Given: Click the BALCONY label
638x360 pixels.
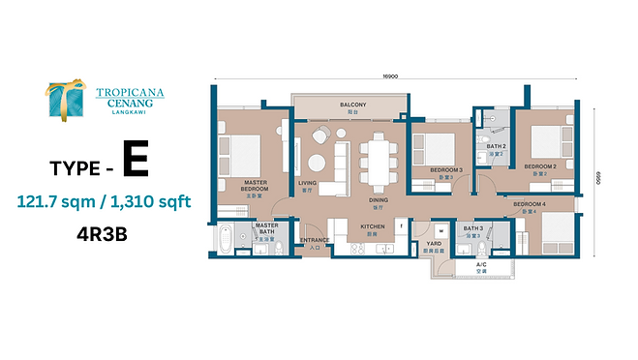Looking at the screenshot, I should [351, 105].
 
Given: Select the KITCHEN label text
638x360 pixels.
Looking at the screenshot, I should [374, 225].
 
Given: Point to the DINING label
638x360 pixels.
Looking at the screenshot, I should [378, 201].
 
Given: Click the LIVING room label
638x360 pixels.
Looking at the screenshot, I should [308, 182].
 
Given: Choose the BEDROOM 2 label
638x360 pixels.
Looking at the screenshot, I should [540, 166].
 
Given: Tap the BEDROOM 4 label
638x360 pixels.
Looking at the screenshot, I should [530, 205].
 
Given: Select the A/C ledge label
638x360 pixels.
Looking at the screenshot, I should [481, 266].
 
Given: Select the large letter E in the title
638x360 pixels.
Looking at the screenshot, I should [136, 161].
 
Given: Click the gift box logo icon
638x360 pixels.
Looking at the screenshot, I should [67, 102].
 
